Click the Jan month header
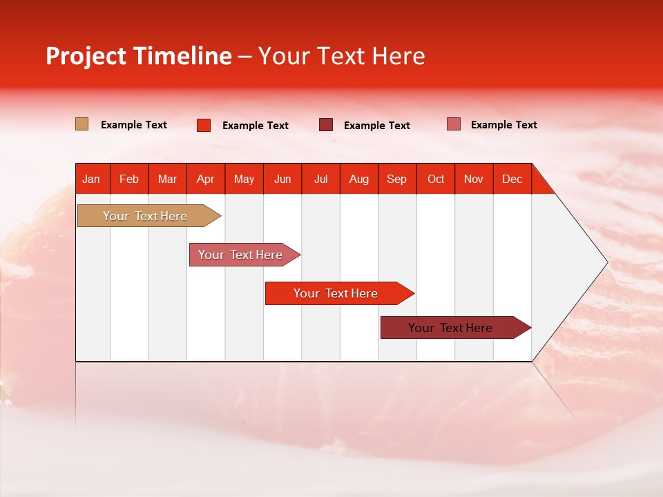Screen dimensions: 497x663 click(x=91, y=179)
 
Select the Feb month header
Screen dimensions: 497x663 click(x=129, y=179)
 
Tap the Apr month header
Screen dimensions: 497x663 click(x=205, y=179)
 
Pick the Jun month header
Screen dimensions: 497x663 click(x=282, y=179)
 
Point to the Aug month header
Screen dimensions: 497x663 click(x=359, y=179)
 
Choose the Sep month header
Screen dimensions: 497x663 click(x=396, y=179)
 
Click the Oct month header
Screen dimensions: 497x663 click(x=436, y=179)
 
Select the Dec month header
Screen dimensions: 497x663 click(x=512, y=179)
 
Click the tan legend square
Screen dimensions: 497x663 click(x=82, y=124)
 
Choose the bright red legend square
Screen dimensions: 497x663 click(x=204, y=125)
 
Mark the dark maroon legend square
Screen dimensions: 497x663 click(x=326, y=125)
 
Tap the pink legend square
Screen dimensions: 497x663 click(x=453, y=124)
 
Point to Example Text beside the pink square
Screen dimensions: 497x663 click(x=503, y=125)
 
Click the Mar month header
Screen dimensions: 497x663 click(x=167, y=179)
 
